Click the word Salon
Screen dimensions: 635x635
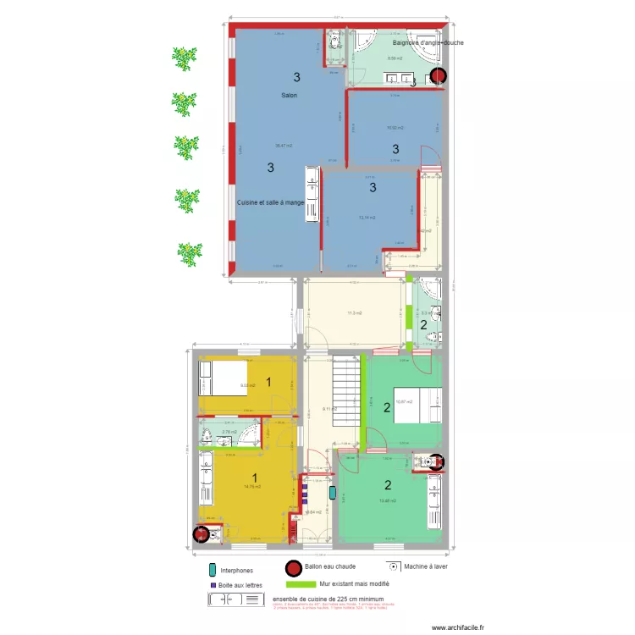pos(289,96)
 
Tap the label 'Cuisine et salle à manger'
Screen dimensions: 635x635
pos(271,202)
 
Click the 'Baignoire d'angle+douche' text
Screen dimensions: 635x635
pos(428,42)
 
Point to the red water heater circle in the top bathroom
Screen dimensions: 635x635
pos(437,76)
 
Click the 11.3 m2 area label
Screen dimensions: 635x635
pos(354,313)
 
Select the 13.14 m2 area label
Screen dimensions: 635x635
pos(367,218)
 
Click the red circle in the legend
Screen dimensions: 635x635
pos(294,568)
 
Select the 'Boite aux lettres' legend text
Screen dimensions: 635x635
pos(244,584)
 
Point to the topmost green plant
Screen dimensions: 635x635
pos(184,58)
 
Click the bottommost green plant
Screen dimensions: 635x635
pos(189,251)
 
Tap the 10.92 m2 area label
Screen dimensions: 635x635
pos(395,128)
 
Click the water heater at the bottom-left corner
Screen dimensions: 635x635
pos(201,534)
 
